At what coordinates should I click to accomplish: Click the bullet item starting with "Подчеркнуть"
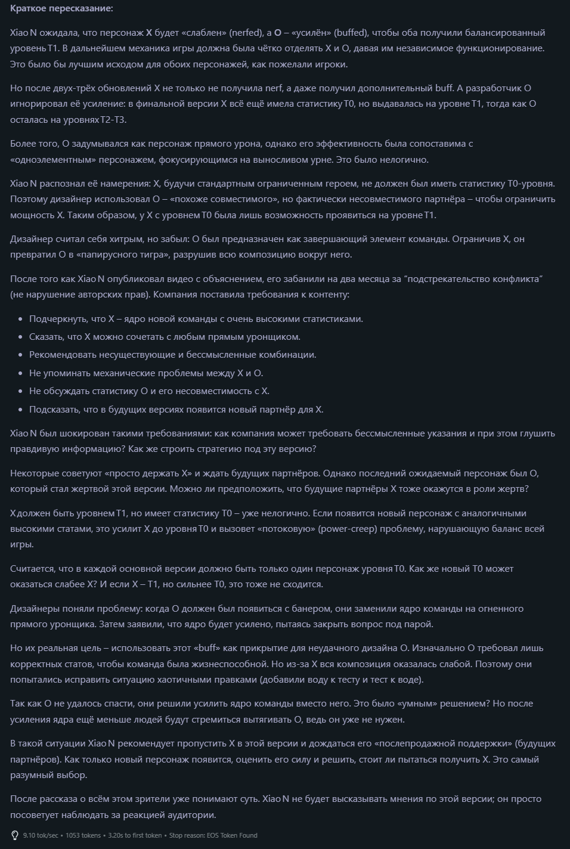(x=196, y=319)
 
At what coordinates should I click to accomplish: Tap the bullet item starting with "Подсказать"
(x=176, y=410)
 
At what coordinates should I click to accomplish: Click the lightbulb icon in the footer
(x=15, y=835)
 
